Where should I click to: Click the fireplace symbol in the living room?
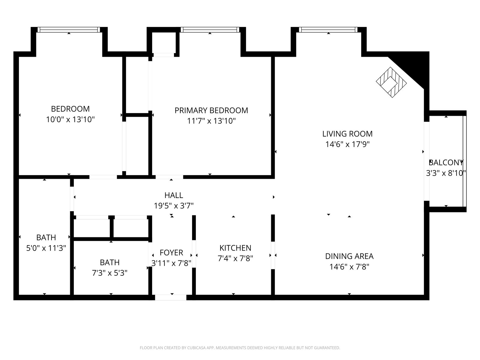tap(391, 82)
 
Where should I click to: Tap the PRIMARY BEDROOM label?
tap(211, 111)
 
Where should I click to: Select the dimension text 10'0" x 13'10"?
tap(70, 120)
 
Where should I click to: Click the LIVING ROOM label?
tap(347, 134)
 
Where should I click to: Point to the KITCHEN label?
tap(235, 248)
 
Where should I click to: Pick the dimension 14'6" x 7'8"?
tap(349, 267)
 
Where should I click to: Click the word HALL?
tap(174, 195)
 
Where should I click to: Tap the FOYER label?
tap(171, 253)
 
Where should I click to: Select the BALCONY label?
tap(446, 163)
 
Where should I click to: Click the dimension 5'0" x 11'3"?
tap(46, 248)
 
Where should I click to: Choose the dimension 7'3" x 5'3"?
tap(109, 273)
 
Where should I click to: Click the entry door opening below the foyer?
tap(171, 297)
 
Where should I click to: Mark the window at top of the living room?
tap(328, 30)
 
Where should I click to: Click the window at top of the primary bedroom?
tap(210, 30)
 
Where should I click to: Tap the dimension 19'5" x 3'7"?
tap(174, 206)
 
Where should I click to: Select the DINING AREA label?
tap(349, 256)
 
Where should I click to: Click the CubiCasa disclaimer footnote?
tap(240, 347)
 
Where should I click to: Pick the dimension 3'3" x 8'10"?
tap(446, 173)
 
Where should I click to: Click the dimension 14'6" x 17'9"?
tap(347, 144)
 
